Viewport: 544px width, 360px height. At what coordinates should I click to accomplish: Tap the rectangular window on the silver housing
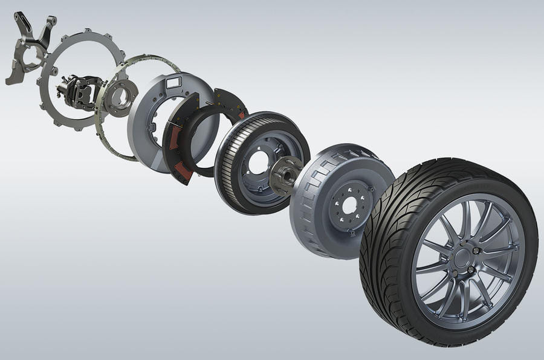coord(173,82)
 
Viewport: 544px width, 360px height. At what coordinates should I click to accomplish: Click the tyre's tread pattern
coord(387,199)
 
